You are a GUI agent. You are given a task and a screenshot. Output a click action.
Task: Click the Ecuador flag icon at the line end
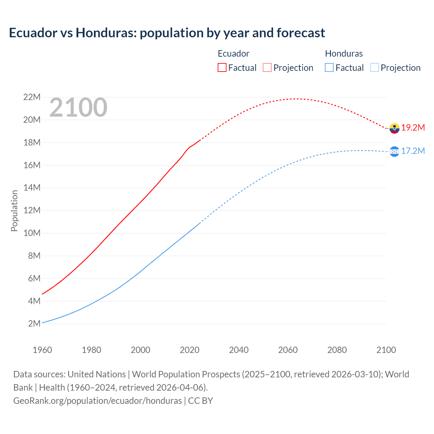(x=394, y=128)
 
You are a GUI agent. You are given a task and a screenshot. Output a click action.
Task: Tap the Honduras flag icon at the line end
(x=394, y=152)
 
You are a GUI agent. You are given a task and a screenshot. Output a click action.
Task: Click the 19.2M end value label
(x=413, y=128)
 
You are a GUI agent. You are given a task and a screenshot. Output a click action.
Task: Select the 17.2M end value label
(x=413, y=151)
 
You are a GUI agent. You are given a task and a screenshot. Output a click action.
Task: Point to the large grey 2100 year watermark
(x=78, y=107)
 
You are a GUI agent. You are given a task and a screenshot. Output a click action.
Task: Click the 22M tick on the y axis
(x=32, y=97)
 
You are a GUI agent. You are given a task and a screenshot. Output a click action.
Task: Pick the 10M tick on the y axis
(x=32, y=233)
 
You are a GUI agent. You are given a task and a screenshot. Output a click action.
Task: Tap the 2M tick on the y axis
(x=34, y=324)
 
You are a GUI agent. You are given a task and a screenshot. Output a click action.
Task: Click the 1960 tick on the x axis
(x=42, y=350)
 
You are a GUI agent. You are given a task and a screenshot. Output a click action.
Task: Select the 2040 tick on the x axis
(x=239, y=350)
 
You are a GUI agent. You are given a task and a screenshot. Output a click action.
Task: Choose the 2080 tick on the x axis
(x=337, y=350)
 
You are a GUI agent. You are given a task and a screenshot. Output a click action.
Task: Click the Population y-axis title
(x=14, y=211)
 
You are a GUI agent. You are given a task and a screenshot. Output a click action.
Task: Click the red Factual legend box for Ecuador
(x=222, y=67)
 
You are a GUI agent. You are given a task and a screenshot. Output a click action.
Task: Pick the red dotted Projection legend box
(x=267, y=67)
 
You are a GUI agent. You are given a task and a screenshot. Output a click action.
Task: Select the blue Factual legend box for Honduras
(x=329, y=67)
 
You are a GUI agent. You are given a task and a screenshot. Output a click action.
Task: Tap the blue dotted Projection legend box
(x=375, y=67)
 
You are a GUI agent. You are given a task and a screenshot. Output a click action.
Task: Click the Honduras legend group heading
(x=344, y=54)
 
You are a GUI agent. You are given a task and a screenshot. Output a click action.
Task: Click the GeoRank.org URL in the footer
(x=98, y=401)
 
